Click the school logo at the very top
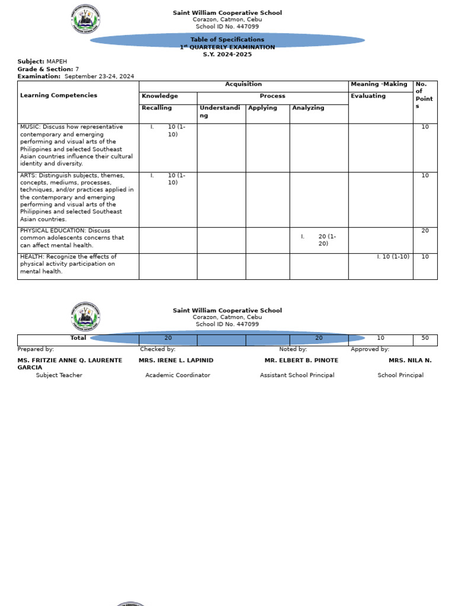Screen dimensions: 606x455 coord(85,19)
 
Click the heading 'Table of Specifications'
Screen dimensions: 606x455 coord(227,40)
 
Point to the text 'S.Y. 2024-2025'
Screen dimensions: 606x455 coord(227,54)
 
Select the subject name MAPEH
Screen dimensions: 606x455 coord(57,62)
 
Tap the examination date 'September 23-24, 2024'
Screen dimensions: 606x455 coord(99,76)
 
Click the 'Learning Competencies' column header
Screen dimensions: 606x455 coord(59,95)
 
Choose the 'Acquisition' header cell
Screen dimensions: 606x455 coord(243,85)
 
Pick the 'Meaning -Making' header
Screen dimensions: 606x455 coord(379,85)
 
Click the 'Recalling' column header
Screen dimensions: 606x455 coord(156,108)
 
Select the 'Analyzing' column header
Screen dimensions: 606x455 coord(308,108)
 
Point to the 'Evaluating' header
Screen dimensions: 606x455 coord(368,96)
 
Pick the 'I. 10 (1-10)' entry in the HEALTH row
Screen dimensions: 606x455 coord(393,257)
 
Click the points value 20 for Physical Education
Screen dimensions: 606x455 coord(425,231)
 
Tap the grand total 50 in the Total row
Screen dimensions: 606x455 coord(425,338)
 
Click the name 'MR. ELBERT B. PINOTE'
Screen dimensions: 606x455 coord(301,360)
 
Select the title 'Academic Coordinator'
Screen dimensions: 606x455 coord(178,375)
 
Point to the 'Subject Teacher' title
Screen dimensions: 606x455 coord(59,375)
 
